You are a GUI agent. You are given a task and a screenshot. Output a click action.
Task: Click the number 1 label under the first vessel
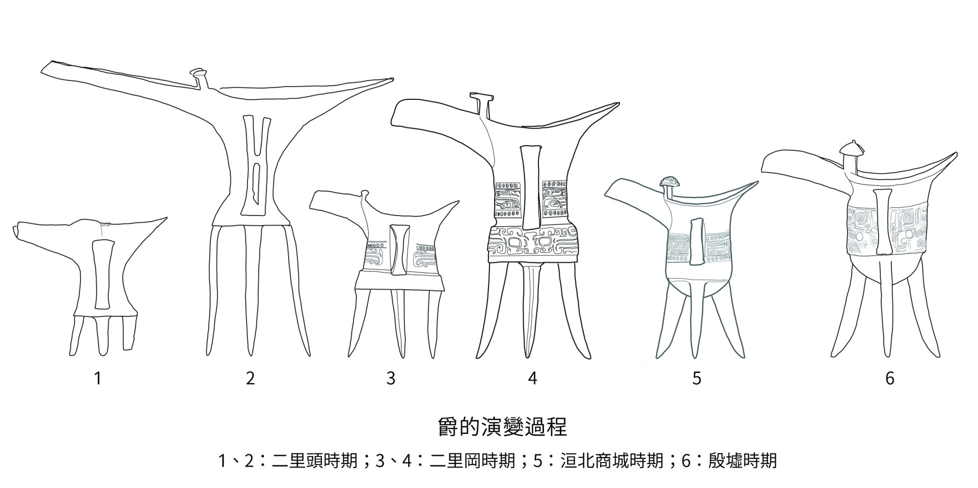pyautogui.click(x=98, y=378)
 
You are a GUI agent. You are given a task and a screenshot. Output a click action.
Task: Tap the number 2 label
pyautogui.click(x=250, y=378)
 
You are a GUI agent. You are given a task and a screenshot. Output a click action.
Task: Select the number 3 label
pyautogui.click(x=391, y=378)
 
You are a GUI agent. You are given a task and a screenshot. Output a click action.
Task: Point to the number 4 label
pyautogui.click(x=533, y=378)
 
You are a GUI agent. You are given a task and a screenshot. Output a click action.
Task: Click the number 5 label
pyautogui.click(x=697, y=378)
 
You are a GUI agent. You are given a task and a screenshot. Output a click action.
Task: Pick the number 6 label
pyautogui.click(x=890, y=378)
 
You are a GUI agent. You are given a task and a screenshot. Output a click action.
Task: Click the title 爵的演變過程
pyautogui.click(x=502, y=427)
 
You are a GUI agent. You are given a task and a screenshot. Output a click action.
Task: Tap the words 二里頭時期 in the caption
pyautogui.click(x=314, y=461)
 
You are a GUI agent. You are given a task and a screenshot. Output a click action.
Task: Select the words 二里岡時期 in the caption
pyautogui.click(x=472, y=461)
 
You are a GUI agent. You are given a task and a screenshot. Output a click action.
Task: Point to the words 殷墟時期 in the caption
pyautogui.click(x=742, y=461)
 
